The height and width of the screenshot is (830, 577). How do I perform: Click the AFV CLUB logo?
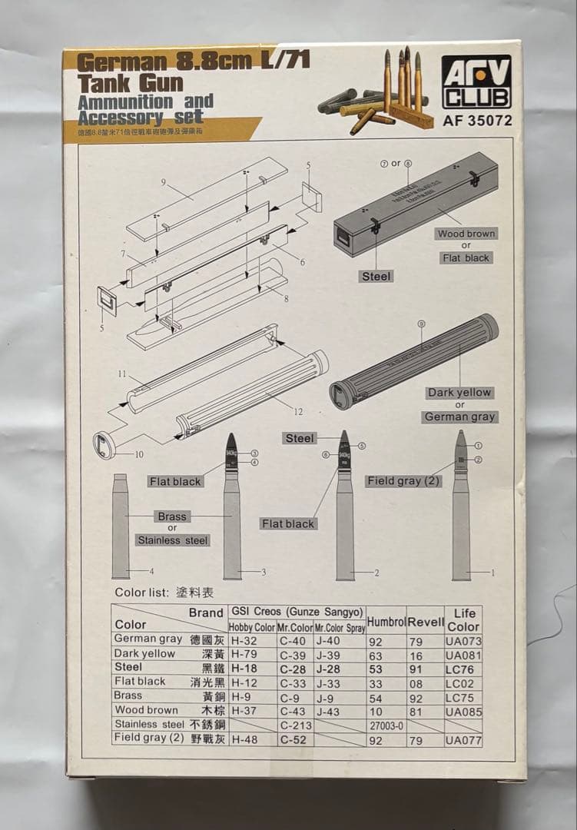(x=477, y=81)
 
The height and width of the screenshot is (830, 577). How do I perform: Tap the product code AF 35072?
(x=477, y=120)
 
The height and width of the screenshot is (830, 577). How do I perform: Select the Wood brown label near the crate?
(x=466, y=234)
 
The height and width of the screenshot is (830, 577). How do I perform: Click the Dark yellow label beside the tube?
(x=459, y=393)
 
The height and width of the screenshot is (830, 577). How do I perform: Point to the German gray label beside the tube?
(x=459, y=417)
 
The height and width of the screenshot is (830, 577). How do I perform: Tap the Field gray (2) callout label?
(x=403, y=481)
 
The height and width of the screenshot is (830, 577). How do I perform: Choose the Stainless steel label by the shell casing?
(x=173, y=540)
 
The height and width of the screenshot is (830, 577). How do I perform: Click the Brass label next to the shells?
(x=171, y=516)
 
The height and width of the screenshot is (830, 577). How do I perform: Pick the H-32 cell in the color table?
(x=244, y=639)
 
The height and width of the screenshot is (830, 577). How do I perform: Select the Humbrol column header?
(x=386, y=621)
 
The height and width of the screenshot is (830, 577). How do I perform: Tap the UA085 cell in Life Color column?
(x=463, y=712)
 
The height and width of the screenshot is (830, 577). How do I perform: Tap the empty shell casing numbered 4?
(x=121, y=526)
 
